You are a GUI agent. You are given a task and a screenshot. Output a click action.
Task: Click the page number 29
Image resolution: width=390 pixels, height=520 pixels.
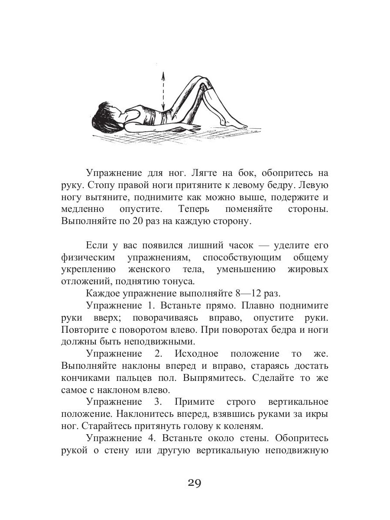click(195, 482)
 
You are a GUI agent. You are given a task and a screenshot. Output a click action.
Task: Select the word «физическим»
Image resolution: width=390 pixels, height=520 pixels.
click(88, 257)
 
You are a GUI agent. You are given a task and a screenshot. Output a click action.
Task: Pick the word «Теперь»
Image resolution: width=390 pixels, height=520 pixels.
click(194, 209)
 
